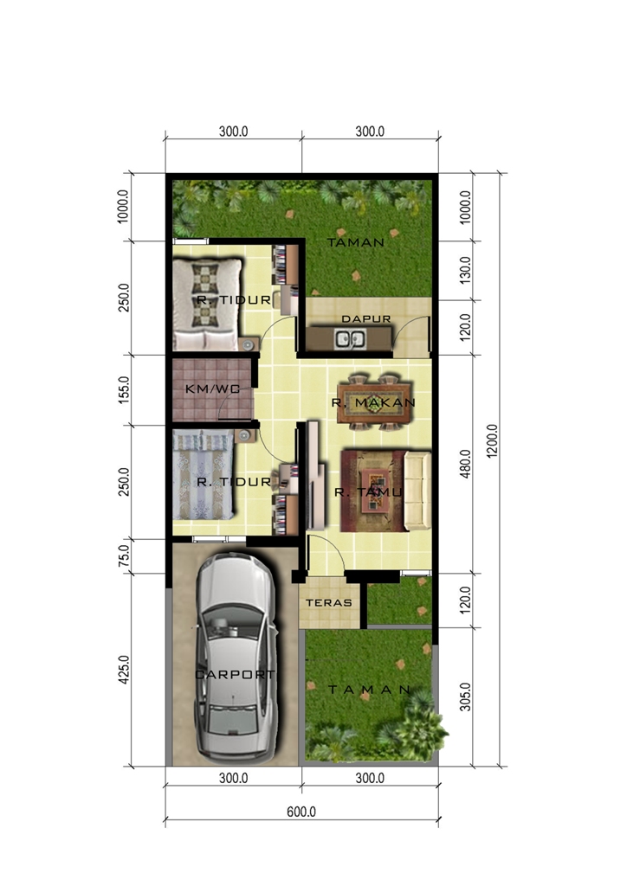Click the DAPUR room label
pyautogui.click(x=365, y=318)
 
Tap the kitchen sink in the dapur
pyautogui.click(x=351, y=339)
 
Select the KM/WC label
pyautogui.click(x=212, y=388)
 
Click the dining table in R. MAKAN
pyautogui.click(x=374, y=401)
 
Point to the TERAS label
pyautogui.click(x=329, y=603)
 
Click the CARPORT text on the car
pyautogui.click(x=235, y=674)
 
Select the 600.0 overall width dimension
pyautogui.click(x=301, y=812)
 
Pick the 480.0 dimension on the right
pyautogui.click(x=465, y=464)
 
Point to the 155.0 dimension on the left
pyautogui.click(x=125, y=389)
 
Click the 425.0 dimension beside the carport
pyautogui.click(x=125, y=669)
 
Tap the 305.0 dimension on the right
pyautogui.click(x=465, y=697)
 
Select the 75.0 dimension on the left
pyautogui.click(x=125, y=555)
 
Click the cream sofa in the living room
pyautogui.click(x=417, y=491)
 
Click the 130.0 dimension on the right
pyautogui.click(x=465, y=270)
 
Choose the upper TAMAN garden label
pyautogui.click(x=356, y=242)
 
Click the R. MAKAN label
pyautogui.click(x=374, y=402)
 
